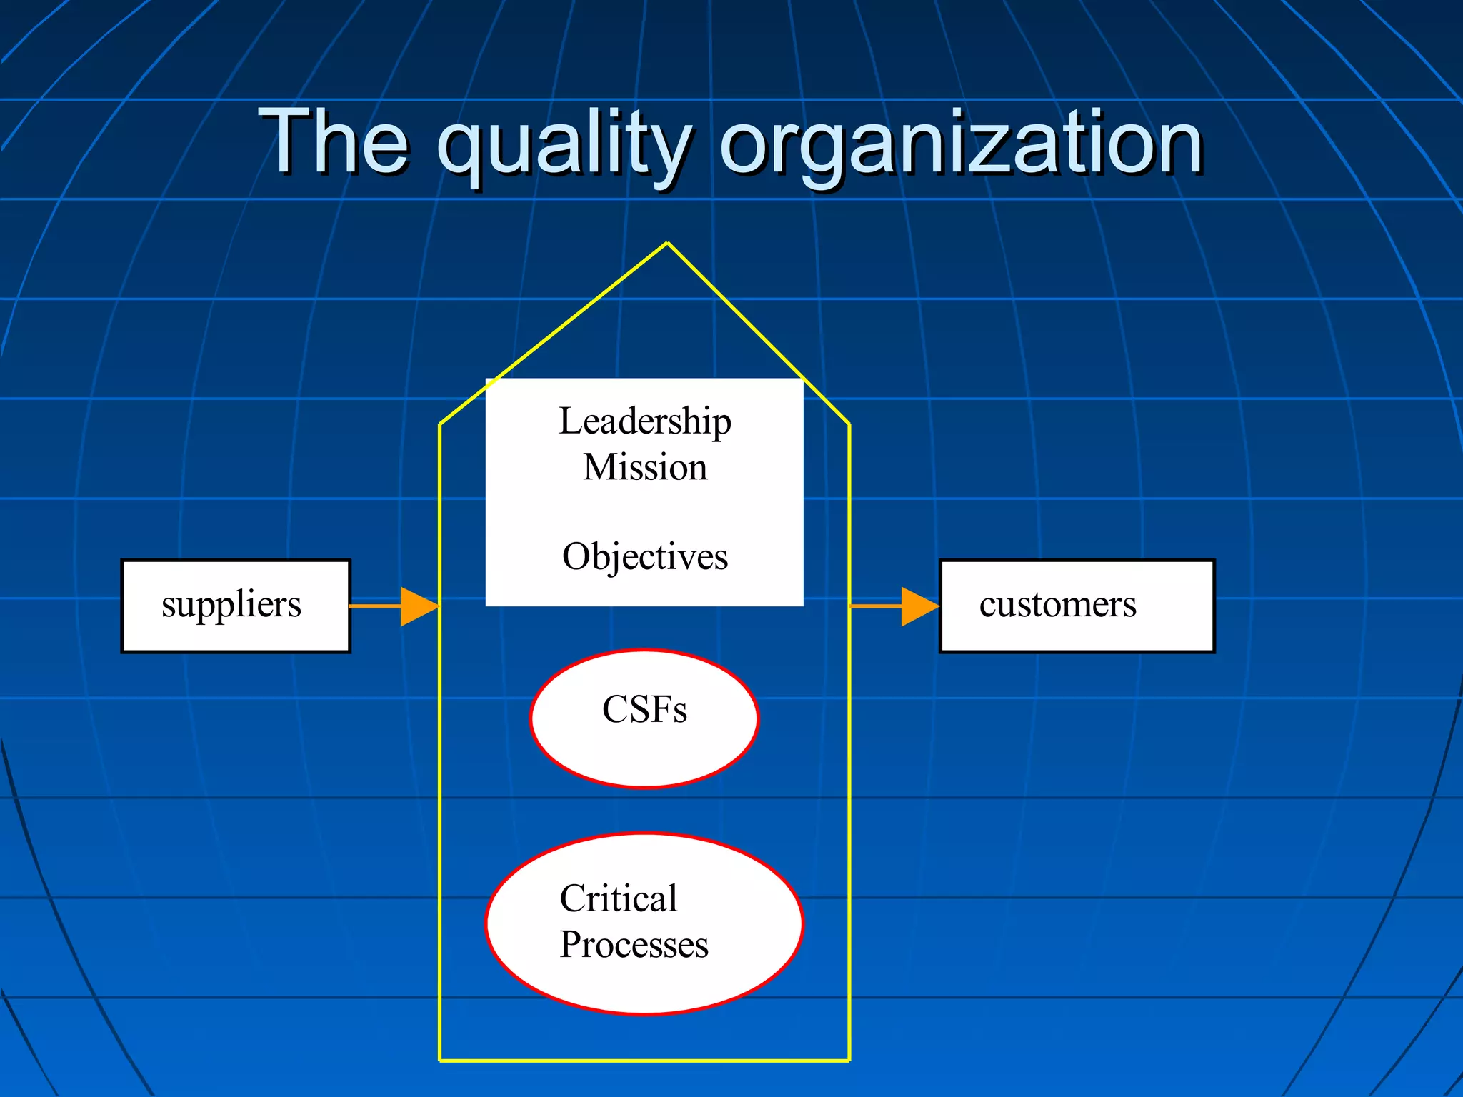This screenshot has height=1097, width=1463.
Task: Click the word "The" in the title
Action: (x=334, y=141)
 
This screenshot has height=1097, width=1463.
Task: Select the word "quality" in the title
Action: (x=564, y=146)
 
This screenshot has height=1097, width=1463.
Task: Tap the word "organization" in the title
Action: (x=962, y=146)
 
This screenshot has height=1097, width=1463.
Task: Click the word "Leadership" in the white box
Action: (x=645, y=421)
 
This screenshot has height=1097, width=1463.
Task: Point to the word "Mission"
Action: (x=645, y=468)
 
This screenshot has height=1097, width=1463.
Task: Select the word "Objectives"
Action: (x=645, y=557)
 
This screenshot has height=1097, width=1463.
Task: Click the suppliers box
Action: (x=236, y=606)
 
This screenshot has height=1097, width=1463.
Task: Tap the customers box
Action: (x=1077, y=606)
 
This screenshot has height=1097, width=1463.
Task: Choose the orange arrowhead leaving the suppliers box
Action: (x=419, y=606)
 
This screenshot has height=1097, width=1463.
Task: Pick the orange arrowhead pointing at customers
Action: (x=920, y=606)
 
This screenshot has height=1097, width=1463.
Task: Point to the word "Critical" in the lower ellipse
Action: (x=619, y=898)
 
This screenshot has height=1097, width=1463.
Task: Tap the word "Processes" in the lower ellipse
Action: (x=634, y=945)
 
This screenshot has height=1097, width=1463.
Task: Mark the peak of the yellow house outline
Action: (x=667, y=244)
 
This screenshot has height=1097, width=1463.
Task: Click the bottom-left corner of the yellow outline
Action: (x=440, y=1061)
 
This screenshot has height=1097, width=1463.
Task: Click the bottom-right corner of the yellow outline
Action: (x=849, y=1061)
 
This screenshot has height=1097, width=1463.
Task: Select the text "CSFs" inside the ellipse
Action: (x=644, y=710)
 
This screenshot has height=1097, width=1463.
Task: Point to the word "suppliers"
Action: (x=231, y=606)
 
